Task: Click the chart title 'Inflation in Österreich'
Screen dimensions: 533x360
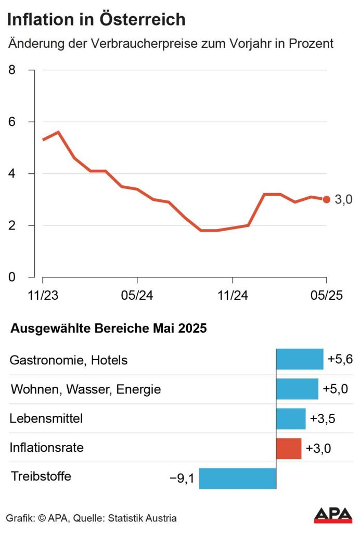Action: tap(96, 20)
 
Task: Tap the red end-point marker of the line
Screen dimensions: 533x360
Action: tap(326, 199)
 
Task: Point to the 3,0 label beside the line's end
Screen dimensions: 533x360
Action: tap(343, 200)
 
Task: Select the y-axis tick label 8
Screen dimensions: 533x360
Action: tap(13, 70)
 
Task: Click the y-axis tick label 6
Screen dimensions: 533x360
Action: tap(13, 122)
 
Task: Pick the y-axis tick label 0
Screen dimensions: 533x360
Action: tap(13, 277)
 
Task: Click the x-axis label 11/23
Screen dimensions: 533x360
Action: tap(43, 295)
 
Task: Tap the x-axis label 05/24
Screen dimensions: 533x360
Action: tap(137, 295)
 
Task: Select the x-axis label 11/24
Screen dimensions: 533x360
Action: tap(232, 295)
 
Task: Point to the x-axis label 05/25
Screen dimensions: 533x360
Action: tap(326, 295)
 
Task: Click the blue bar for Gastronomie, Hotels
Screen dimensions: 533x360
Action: tap(300, 360)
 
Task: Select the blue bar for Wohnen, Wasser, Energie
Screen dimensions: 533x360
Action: tap(297, 389)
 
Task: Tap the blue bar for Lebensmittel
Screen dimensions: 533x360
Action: tap(291, 418)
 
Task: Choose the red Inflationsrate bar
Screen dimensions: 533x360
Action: tap(289, 448)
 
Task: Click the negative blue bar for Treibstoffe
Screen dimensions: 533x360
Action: tap(237, 478)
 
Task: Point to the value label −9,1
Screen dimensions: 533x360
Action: tap(182, 478)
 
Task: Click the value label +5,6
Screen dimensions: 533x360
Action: tap(340, 359)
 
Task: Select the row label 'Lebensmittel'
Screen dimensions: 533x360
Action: tap(46, 418)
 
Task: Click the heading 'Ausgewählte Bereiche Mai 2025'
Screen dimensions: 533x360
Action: tap(108, 329)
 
